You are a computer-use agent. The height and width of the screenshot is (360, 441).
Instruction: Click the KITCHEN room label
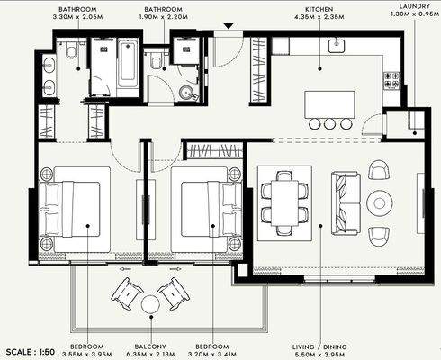pyautogui.click(x=319, y=10)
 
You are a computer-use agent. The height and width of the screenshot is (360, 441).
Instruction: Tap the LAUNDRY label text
pyautogui.click(x=415, y=6)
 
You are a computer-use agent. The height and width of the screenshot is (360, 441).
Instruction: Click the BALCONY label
pyautogui.click(x=150, y=346)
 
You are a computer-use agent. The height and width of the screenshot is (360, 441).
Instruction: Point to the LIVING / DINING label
pyautogui.click(x=319, y=346)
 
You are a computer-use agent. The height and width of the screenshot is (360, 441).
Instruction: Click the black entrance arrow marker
pyautogui.click(x=229, y=26)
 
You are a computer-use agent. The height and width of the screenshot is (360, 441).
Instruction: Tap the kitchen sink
pyautogui.click(x=337, y=46)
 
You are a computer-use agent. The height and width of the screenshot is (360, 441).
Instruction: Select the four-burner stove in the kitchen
pyautogui.click(x=391, y=81)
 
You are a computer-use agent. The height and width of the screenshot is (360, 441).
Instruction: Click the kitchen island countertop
pyautogui.click(x=329, y=104)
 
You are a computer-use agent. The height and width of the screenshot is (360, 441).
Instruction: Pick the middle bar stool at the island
pyautogui.click(x=330, y=123)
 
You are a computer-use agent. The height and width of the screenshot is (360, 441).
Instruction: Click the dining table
pyautogui.click(x=284, y=202)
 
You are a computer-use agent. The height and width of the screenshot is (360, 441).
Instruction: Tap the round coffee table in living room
pyautogui.click(x=380, y=202)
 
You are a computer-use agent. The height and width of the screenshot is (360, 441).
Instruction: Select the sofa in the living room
pyautogui.click(x=346, y=203)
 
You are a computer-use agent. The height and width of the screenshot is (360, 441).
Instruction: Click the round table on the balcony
pyautogui.click(x=151, y=304)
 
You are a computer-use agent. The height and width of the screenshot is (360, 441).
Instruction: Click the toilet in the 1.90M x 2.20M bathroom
pyautogui.click(x=156, y=60)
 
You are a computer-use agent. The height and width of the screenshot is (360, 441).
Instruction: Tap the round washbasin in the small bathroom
pyautogui.click(x=187, y=93)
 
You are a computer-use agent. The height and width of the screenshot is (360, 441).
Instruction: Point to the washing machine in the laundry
pyautogui.click(x=416, y=120)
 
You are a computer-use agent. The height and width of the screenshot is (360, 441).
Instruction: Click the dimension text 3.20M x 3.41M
pyautogui.click(x=212, y=355)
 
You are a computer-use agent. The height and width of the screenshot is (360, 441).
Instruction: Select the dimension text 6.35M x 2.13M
pyautogui.click(x=150, y=355)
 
